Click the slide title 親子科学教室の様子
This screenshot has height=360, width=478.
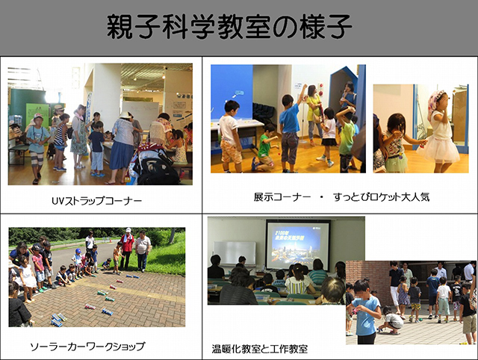229,27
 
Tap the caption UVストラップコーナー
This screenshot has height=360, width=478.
97,201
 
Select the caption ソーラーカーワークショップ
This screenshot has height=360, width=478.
88,347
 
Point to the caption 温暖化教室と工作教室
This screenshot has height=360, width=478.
260,349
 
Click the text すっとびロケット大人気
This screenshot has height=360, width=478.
382,197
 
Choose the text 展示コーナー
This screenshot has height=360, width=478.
282,197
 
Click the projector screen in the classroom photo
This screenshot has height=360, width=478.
297,245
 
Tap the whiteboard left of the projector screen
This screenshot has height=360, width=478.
235,253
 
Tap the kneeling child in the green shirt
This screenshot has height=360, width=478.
264,149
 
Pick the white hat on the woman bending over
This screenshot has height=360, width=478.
125,114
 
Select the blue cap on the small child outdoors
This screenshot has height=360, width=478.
78,251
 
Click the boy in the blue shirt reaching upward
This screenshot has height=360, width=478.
290,131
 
